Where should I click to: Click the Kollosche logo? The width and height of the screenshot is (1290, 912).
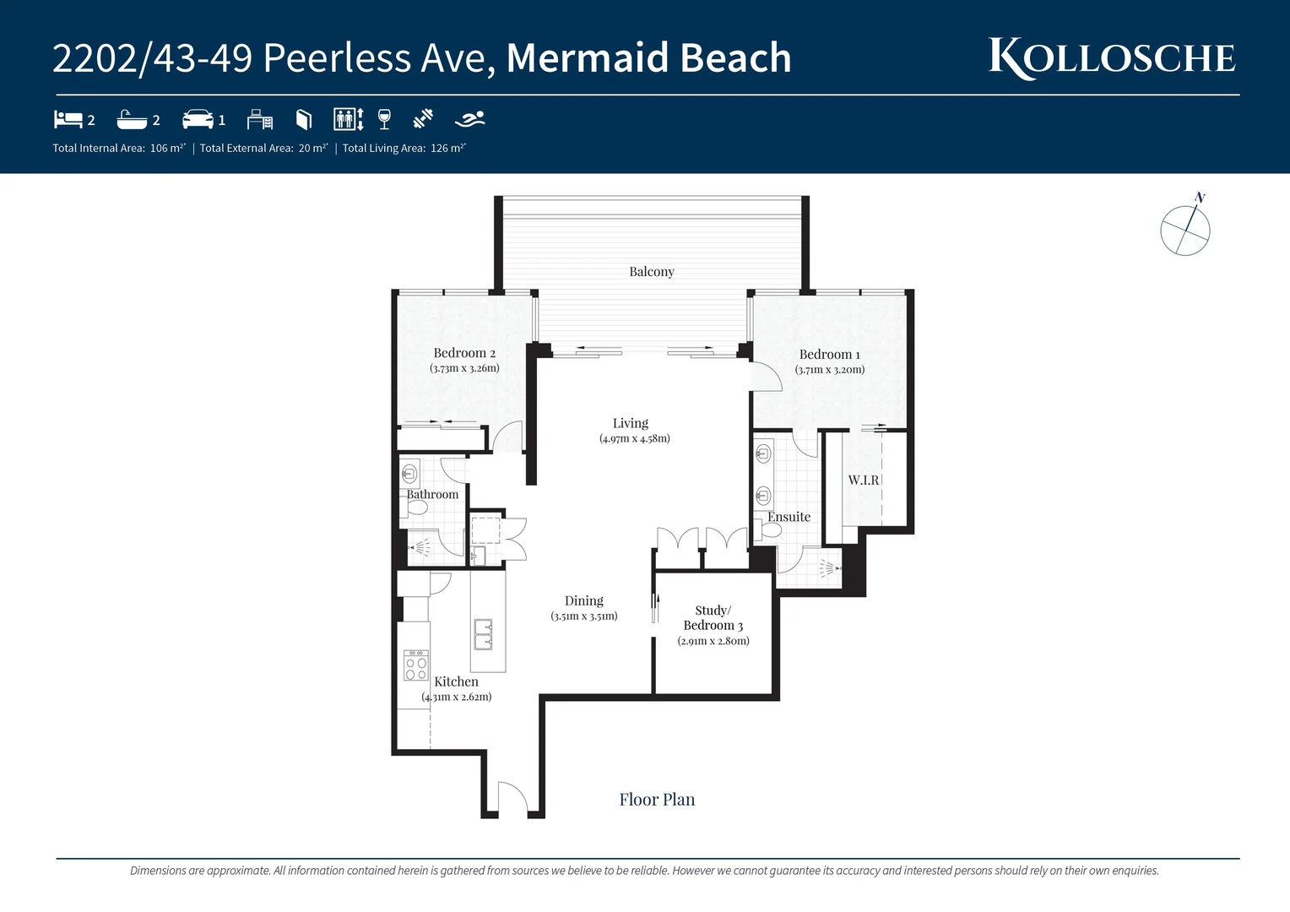[x=1112, y=58]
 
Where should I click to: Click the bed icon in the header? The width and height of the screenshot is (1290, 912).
[x=68, y=119]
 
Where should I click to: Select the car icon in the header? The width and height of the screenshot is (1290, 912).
[x=198, y=119]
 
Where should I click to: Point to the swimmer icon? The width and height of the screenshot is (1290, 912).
[x=469, y=119]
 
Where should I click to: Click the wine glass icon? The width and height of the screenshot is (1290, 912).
[x=384, y=119]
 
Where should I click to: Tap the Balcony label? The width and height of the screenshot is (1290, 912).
[x=651, y=272]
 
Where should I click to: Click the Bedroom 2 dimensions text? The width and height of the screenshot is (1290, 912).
[x=464, y=368]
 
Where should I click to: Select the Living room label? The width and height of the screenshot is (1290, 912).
[x=631, y=423]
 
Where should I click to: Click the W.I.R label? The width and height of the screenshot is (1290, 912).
[x=864, y=480]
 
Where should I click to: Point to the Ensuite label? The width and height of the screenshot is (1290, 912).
[x=789, y=517]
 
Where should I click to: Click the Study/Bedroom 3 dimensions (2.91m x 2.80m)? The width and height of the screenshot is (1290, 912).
[x=713, y=641]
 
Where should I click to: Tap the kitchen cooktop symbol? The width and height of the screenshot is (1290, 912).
[x=416, y=665]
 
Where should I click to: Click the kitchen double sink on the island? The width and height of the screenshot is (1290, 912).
[x=483, y=635]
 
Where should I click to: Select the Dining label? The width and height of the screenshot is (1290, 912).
[x=584, y=600]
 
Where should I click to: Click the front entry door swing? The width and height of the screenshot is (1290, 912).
[x=512, y=798]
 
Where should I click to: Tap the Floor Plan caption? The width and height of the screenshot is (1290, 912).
[x=657, y=800]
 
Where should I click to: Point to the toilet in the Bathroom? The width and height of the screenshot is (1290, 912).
[x=416, y=508]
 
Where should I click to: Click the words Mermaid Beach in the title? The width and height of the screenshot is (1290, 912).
[x=648, y=58]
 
